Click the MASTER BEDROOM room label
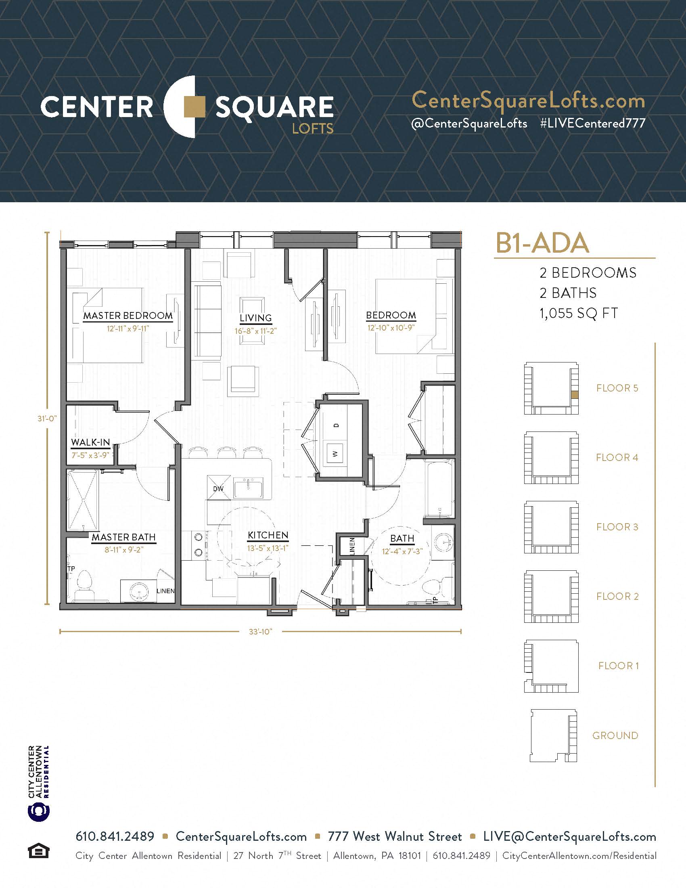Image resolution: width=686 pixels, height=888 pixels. (x=128, y=316)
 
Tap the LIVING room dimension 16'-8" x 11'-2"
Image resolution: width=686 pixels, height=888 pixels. (x=255, y=331)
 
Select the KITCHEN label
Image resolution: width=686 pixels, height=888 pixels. (x=268, y=536)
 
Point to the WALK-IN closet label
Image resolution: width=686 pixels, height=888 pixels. (x=90, y=442)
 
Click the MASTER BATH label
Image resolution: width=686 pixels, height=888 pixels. (x=123, y=537)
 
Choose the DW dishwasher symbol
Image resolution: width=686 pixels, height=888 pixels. (x=219, y=488)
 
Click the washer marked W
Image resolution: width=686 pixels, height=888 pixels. (x=336, y=453)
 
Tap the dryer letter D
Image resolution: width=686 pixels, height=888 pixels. (x=336, y=425)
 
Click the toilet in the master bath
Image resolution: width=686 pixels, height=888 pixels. (x=85, y=585)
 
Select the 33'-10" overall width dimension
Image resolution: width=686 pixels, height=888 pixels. (x=260, y=631)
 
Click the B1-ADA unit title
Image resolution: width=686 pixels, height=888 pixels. (x=542, y=243)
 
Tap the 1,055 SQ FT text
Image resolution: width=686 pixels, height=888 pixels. (x=579, y=314)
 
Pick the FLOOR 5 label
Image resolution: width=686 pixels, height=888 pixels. (x=617, y=388)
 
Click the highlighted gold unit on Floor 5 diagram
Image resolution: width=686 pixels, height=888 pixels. (x=575, y=394)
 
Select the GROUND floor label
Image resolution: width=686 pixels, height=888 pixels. (x=615, y=735)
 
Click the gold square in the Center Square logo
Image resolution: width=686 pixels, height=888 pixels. (x=195, y=107)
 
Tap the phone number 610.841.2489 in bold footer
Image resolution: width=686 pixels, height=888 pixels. (x=115, y=836)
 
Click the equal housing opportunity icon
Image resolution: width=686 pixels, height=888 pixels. (x=38, y=851)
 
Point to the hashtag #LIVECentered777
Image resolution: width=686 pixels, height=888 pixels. (x=592, y=123)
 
